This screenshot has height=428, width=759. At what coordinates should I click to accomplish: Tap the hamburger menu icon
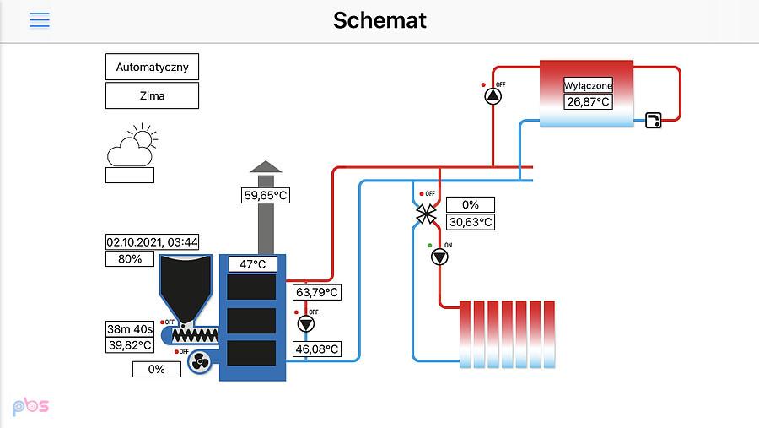[39, 20]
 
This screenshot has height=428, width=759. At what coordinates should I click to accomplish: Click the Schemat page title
[379, 20]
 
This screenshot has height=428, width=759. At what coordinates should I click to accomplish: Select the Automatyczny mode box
[152, 67]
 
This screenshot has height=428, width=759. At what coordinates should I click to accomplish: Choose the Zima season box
[152, 95]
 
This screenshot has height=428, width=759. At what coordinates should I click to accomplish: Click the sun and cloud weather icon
[132, 145]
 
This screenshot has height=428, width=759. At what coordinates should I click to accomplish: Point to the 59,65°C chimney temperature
[266, 195]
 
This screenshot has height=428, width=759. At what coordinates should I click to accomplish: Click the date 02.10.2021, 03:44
[152, 242]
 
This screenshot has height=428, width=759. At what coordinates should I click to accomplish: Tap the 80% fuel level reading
[130, 259]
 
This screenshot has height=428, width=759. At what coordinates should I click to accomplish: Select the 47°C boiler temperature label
[253, 264]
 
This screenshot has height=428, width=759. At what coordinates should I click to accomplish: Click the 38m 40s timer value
[130, 329]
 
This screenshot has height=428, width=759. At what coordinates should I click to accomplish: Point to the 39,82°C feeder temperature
[130, 345]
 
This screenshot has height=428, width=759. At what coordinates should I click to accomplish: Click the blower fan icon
[199, 361]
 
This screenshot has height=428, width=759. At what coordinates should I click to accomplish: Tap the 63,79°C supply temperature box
[317, 292]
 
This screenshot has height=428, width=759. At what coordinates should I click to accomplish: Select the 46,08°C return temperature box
[317, 349]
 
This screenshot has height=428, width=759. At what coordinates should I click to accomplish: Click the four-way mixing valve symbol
[426, 214]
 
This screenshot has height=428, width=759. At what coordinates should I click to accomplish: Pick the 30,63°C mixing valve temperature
[471, 222]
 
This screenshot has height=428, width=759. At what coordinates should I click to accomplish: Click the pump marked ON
[439, 257]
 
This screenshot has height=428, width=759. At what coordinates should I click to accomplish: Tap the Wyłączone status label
[588, 85]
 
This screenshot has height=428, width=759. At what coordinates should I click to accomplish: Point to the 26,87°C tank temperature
[588, 101]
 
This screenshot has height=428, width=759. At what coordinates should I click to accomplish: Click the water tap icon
[654, 120]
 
